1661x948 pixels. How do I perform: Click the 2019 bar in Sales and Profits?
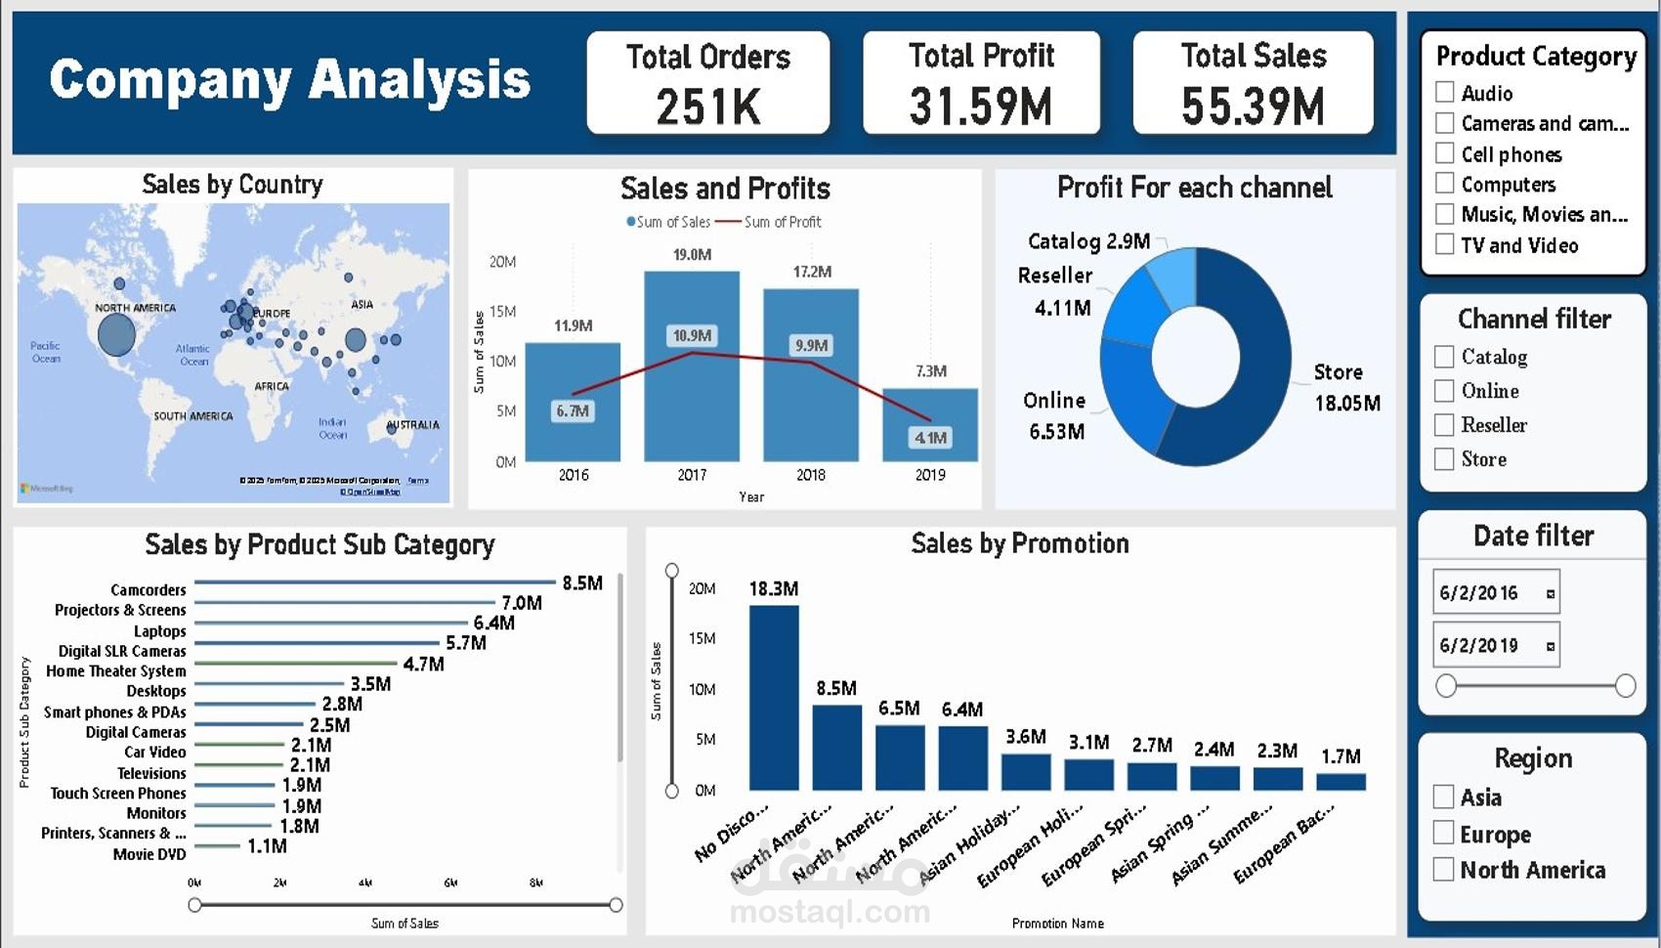tap(929, 424)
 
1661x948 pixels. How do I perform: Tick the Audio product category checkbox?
tap(1445, 92)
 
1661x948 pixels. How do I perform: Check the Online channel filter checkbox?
tap(1444, 391)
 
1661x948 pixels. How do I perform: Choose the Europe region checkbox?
tap(1444, 833)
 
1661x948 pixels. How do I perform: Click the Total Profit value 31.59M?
tap(981, 107)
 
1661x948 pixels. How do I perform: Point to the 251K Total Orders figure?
tap(708, 107)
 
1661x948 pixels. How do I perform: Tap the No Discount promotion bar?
tap(773, 697)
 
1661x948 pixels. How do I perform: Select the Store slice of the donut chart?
tap(1251, 391)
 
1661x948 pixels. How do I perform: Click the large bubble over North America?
tap(116, 335)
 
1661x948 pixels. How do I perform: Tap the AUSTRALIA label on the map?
tap(413, 425)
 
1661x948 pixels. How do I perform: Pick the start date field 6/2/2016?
tap(1495, 592)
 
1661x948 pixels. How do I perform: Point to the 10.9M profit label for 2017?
tap(692, 335)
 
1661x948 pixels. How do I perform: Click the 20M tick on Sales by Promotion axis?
tap(702, 588)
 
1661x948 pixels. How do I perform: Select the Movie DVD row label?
tap(149, 854)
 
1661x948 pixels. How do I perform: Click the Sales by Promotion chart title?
tap(1019, 543)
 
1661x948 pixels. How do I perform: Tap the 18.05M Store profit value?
tap(1347, 403)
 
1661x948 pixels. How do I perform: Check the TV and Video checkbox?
tap(1445, 244)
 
